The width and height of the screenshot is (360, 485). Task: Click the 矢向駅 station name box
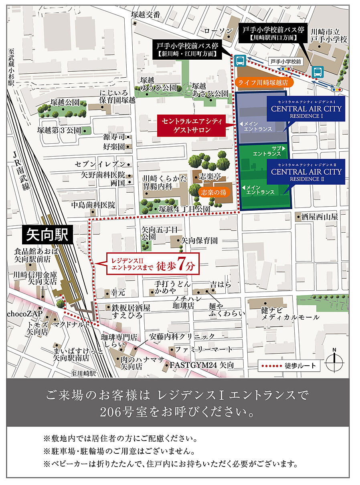click(x=47, y=234)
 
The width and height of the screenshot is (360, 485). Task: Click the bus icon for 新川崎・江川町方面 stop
click(x=240, y=61)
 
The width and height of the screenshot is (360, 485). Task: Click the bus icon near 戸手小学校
click(x=318, y=72)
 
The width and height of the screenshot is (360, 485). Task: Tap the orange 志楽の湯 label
click(x=214, y=192)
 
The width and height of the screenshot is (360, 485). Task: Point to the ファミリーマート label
click(x=204, y=349)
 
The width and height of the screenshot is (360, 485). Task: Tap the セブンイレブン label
click(x=101, y=165)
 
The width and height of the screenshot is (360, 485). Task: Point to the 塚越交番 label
click(x=146, y=15)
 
